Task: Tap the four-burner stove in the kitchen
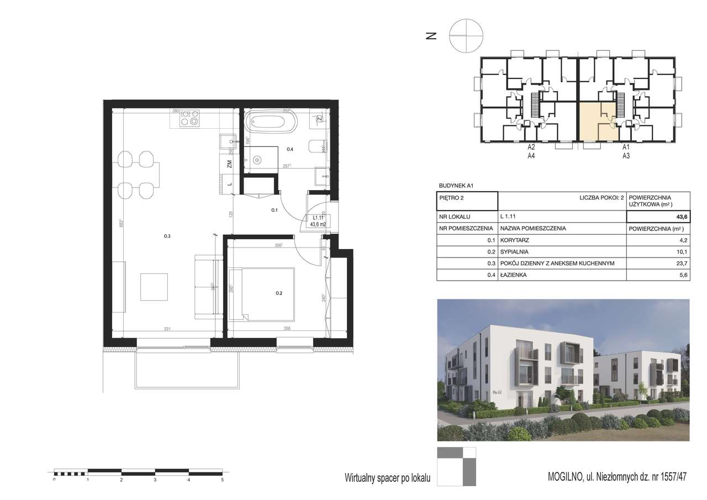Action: click(191, 118)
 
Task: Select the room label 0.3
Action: click(167, 236)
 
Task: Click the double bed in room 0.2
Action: click(262, 293)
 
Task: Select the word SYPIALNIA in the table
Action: click(515, 251)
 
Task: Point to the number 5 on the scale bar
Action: click(222, 481)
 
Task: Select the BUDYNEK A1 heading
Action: click(456, 186)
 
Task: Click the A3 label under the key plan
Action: click(626, 156)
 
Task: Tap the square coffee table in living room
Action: click(154, 287)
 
